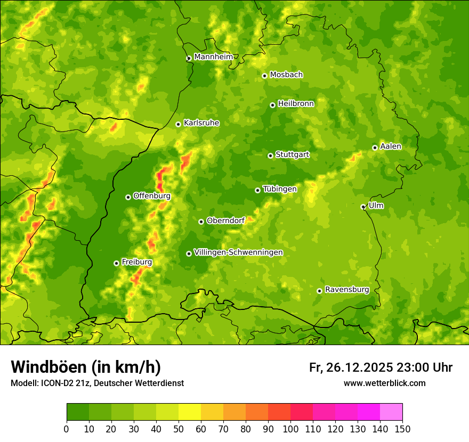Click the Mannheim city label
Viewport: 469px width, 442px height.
(x=213, y=57)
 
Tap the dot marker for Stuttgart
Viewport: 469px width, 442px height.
(x=270, y=155)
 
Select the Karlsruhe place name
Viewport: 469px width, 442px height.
(x=201, y=123)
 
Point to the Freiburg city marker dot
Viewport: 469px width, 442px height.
(x=116, y=263)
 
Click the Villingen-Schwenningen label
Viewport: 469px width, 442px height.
(x=238, y=252)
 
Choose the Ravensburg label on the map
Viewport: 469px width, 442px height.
(x=347, y=290)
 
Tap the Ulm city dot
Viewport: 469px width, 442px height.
(x=363, y=207)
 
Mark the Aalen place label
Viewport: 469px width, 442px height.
(x=391, y=146)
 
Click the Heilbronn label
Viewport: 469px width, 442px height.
(x=296, y=104)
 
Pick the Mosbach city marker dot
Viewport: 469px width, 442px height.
(x=264, y=76)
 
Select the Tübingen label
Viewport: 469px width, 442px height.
(x=280, y=189)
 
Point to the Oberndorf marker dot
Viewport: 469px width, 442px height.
(x=201, y=222)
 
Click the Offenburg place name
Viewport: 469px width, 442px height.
(x=152, y=196)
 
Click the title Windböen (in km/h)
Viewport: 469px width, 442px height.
(x=85, y=367)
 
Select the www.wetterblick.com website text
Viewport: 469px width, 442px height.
(x=384, y=383)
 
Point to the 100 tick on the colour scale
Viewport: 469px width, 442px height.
(x=290, y=429)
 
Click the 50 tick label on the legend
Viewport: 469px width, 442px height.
(x=179, y=429)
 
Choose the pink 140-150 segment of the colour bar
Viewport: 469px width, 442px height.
(x=391, y=412)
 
